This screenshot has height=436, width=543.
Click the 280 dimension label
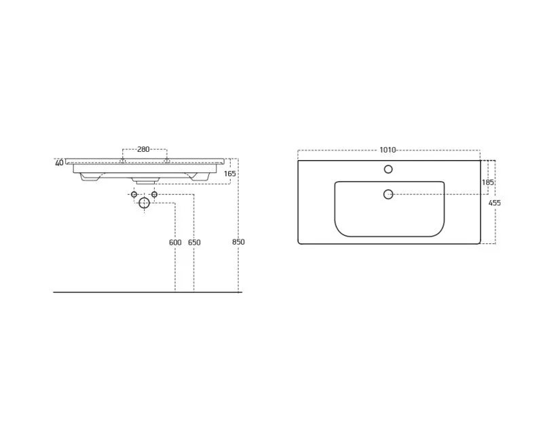(143, 149)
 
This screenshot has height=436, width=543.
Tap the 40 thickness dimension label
(59, 163)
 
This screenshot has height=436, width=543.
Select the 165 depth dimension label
(230, 174)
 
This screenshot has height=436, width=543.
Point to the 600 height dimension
(175, 243)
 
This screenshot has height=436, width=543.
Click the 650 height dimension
(194, 243)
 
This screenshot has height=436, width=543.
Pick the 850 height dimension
(238, 242)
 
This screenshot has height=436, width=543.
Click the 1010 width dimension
(388, 150)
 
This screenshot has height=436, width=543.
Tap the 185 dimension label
(488, 182)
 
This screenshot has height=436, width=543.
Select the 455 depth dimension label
(495, 203)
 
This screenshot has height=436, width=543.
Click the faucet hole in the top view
(388, 170)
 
